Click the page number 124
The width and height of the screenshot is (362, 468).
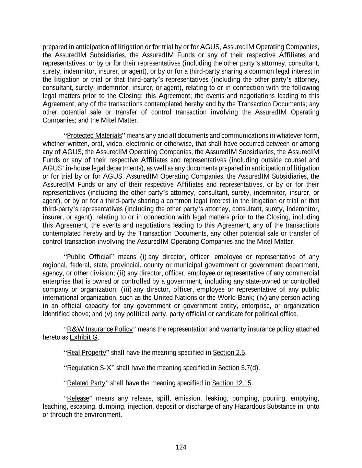(x=181, y=447)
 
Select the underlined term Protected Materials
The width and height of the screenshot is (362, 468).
(x=94, y=135)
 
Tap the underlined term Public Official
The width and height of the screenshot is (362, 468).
(x=89, y=257)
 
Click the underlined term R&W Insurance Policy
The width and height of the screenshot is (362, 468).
(x=100, y=329)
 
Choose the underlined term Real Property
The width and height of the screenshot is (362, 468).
(x=86, y=352)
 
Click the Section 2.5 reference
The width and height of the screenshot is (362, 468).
(x=229, y=352)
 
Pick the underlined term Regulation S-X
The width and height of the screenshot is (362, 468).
(x=89, y=368)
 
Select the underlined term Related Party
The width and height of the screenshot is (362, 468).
(x=86, y=383)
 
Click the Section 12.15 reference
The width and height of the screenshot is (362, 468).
(x=232, y=383)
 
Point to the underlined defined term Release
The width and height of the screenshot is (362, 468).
(x=78, y=398)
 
